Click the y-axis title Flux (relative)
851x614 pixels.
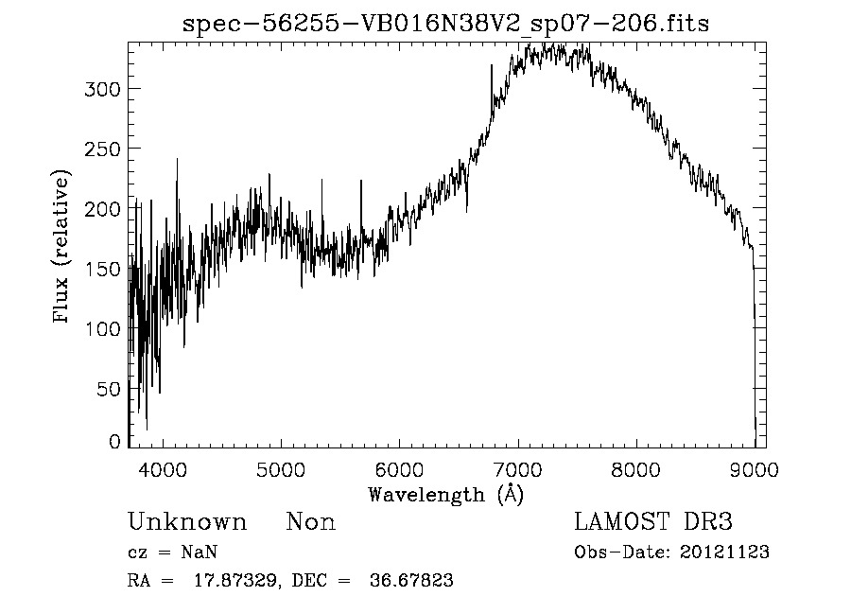(62, 248)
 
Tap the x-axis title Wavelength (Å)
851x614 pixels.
(445, 494)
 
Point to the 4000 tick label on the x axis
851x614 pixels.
(163, 468)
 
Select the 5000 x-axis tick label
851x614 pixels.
(281, 468)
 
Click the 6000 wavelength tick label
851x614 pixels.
(399, 468)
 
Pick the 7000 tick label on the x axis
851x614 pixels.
(517, 468)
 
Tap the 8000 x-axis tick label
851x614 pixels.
(635, 468)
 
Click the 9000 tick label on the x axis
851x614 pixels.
(754, 468)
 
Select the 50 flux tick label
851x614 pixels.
(109, 389)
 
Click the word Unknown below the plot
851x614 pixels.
(187, 522)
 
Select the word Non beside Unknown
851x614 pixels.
(310, 522)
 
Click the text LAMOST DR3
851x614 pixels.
(653, 522)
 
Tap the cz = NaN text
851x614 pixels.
(174, 553)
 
